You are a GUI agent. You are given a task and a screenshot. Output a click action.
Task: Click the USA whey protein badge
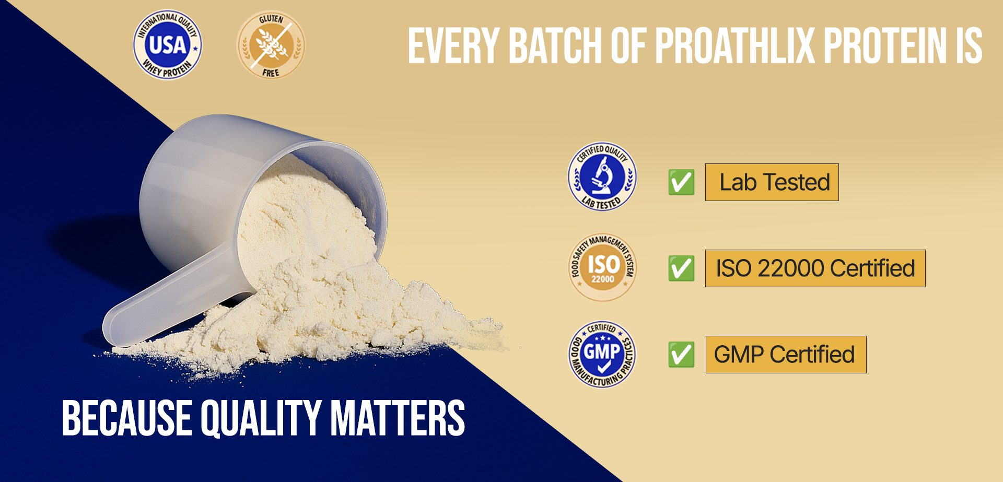[167, 45]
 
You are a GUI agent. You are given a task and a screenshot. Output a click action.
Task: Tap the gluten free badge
[271, 45]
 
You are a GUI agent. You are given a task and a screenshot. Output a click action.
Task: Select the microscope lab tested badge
[602, 177]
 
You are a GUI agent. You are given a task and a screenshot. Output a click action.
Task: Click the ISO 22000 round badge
[602, 267]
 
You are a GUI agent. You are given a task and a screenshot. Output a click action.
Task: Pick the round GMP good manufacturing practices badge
[602, 354]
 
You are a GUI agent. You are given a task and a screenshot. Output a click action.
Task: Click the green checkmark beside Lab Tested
[681, 182]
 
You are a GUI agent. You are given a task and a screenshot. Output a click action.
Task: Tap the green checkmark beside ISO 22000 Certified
[681, 268]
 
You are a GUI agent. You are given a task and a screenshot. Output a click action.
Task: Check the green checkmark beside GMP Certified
[681, 355]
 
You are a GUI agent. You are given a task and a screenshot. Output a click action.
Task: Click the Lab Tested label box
[772, 182]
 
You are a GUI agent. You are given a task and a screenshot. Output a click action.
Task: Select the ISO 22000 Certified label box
[815, 268]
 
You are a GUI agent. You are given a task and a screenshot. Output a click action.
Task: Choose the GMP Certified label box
[786, 355]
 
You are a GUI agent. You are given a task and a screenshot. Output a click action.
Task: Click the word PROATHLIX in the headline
[735, 46]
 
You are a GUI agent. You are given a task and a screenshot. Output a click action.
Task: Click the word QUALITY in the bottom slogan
[261, 418]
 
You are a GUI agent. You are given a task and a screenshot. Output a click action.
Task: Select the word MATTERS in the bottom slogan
[398, 418]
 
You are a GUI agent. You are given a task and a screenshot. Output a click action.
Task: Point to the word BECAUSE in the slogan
[127, 418]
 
